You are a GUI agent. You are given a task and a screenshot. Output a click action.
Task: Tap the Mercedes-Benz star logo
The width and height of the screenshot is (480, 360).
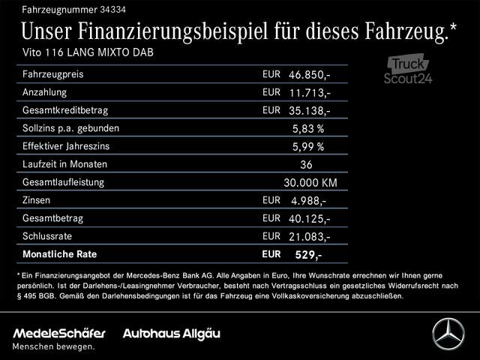pyautogui.click(x=448, y=334)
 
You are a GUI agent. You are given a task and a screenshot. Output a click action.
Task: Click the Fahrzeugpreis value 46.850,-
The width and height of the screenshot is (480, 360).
pyautogui.click(x=310, y=75)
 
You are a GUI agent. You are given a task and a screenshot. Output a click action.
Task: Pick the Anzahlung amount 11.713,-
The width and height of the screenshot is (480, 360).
pyautogui.click(x=310, y=93)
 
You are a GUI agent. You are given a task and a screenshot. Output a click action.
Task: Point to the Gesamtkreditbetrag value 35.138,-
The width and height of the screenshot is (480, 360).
pyautogui.click(x=310, y=110)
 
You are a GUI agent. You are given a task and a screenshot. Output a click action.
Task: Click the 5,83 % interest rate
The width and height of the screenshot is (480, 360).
pyautogui.click(x=308, y=128)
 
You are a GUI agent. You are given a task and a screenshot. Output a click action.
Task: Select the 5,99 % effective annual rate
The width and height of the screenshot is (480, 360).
pyautogui.click(x=308, y=146)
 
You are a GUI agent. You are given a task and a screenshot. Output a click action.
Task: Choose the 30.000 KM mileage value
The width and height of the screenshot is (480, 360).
pyautogui.click(x=310, y=182)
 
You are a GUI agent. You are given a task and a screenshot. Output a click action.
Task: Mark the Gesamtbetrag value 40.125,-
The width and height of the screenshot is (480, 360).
pyautogui.click(x=310, y=218)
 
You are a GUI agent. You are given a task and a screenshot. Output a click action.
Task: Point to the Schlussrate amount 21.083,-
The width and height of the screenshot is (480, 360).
pyautogui.click(x=310, y=236)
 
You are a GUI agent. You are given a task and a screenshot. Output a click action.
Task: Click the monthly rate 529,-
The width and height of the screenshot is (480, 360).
pyautogui.click(x=309, y=255)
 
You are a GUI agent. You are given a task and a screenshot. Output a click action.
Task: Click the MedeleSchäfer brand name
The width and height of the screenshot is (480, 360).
pyautogui.click(x=59, y=332)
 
